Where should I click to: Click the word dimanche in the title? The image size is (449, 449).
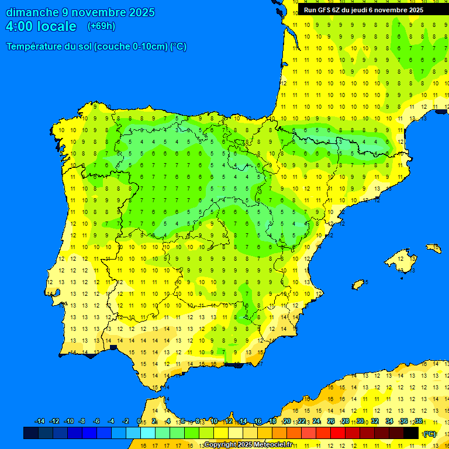33,12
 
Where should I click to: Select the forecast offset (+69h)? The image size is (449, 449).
101,26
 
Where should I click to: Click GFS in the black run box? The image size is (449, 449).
325,10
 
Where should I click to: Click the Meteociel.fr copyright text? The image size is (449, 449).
248,444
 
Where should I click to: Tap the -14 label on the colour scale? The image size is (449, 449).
40,422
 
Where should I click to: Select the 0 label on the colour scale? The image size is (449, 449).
139,422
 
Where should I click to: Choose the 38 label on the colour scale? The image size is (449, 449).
419,422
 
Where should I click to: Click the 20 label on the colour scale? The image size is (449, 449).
286,422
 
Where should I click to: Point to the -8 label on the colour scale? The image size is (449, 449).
82,422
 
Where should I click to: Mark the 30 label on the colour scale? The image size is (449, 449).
360,422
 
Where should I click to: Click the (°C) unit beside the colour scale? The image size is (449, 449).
430,434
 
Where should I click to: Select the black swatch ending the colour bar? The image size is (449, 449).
411,433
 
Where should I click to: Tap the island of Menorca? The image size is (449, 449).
433,247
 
